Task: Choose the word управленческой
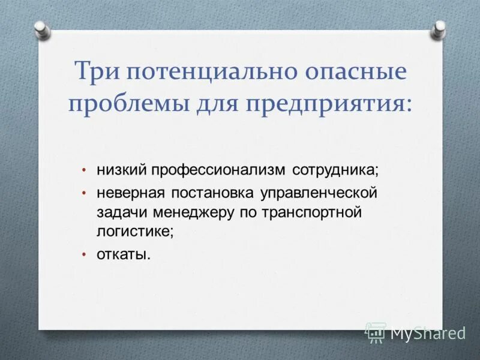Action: tap(318, 193)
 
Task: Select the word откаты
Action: tap(124, 254)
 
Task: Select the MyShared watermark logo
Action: tap(415, 332)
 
